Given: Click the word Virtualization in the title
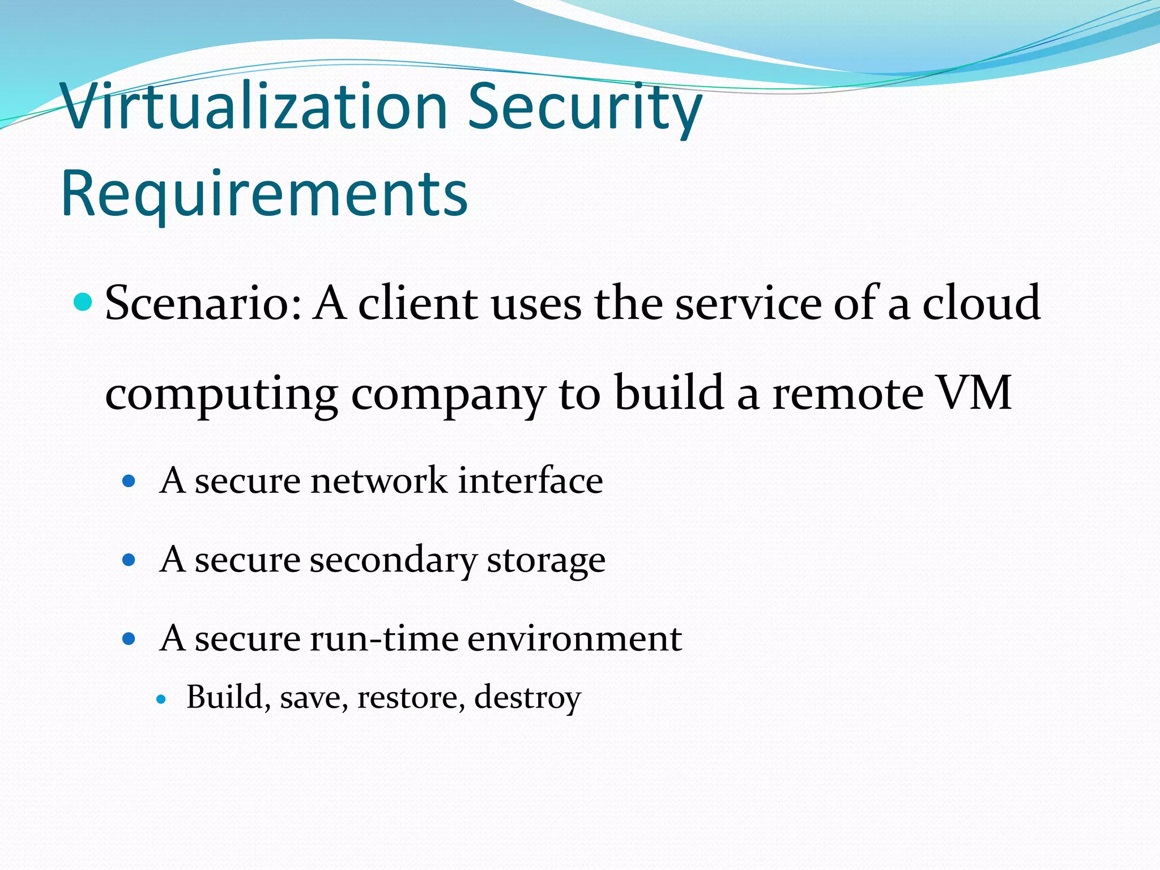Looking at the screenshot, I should [255, 106].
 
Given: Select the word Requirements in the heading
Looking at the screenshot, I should [265, 194].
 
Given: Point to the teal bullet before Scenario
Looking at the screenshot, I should [83, 302].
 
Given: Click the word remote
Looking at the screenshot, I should [848, 393].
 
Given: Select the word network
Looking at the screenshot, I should [378, 481].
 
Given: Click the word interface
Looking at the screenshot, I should [530, 481].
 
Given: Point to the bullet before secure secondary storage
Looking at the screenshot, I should [129, 560].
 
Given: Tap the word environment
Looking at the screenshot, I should [574, 639].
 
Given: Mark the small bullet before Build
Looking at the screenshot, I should [161, 699].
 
